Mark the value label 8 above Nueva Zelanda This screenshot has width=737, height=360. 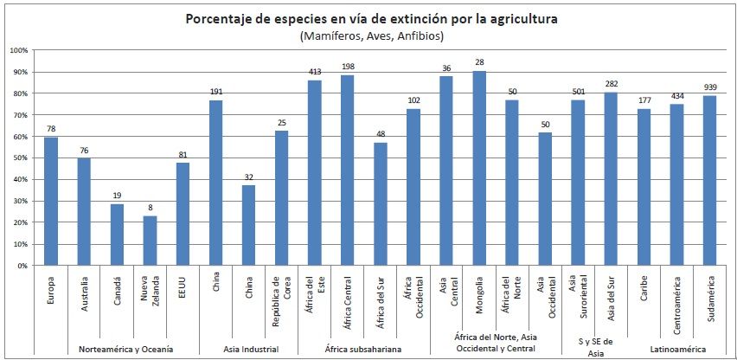pos(151,208)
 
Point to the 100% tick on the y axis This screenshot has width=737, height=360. pos(20,50)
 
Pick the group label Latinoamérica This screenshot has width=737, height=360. pos(677,348)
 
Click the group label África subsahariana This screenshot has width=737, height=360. pos(363,348)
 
